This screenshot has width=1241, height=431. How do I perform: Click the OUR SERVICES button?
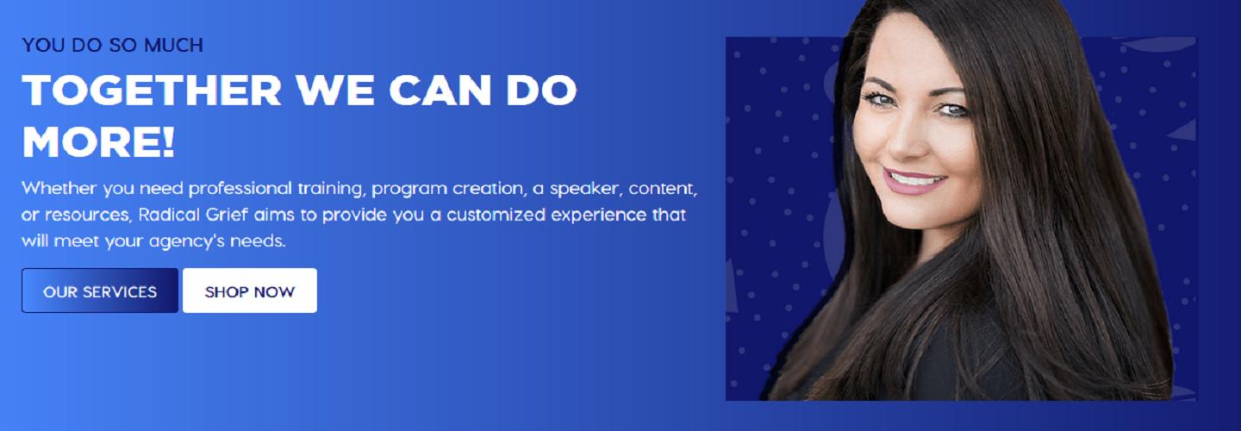[100, 290]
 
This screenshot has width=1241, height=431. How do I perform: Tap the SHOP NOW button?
[250, 290]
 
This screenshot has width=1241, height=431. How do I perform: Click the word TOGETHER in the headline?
[152, 90]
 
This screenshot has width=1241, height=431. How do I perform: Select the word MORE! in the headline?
[98, 142]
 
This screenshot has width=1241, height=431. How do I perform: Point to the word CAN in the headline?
[440, 90]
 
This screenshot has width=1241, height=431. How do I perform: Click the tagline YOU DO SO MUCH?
[112, 45]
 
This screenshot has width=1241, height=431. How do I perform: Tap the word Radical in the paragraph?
[168, 215]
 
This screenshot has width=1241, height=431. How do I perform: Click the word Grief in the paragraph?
[226, 215]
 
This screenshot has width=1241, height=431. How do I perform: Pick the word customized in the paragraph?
[496, 215]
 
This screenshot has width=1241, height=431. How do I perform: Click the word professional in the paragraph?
[240, 189]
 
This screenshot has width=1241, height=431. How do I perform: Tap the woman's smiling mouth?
[914, 181]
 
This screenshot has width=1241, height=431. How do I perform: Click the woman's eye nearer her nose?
[881, 100]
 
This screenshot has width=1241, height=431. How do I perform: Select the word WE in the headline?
[334, 90]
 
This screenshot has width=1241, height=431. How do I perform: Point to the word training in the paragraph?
[331, 189]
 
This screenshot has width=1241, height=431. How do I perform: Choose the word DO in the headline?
[541, 90]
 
